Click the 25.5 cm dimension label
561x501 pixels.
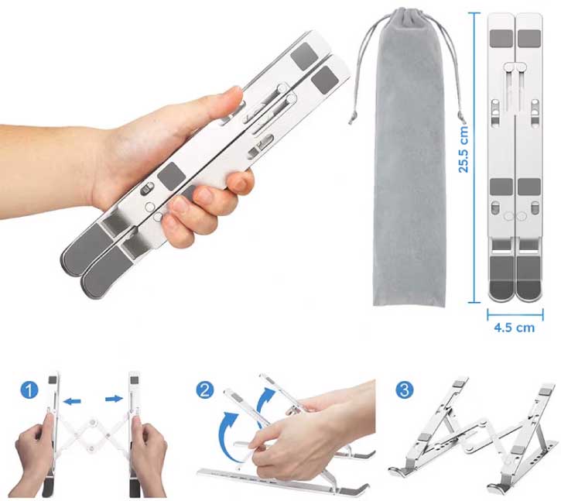click(464, 149)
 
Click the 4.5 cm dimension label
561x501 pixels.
click(514, 328)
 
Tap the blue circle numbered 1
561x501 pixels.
click(29, 389)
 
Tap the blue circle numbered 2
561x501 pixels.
click(204, 389)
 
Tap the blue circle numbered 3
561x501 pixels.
click(405, 389)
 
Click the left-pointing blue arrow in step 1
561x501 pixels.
click(72, 401)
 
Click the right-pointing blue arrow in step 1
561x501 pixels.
click(114, 399)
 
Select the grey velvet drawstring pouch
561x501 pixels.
click(409, 157)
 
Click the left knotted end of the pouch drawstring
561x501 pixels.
click(352, 118)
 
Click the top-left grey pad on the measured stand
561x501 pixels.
click(501, 39)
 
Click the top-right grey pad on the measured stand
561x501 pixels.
click(529, 39)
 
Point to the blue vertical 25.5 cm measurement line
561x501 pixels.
click(474, 157)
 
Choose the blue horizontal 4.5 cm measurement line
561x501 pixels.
click(515, 315)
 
